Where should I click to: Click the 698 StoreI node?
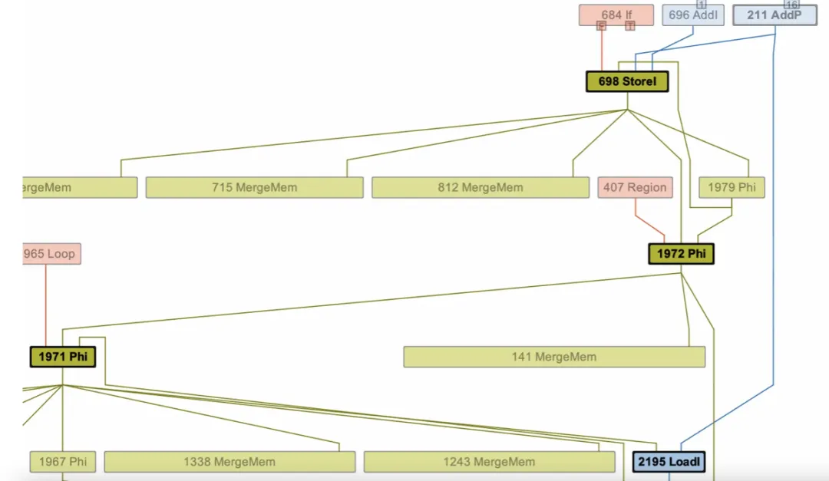(627, 81)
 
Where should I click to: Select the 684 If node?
(616, 15)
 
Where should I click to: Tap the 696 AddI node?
(692, 15)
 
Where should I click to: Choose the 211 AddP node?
(775, 15)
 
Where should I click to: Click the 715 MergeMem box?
(254, 187)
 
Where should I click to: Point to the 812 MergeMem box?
(481, 187)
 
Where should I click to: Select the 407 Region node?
(635, 187)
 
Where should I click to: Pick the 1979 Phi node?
(732, 187)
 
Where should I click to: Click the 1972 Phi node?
(681, 254)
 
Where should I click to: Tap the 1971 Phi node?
(63, 357)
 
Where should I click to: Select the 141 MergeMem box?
(553, 357)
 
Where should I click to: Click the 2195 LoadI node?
(669, 462)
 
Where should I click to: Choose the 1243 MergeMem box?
(489, 462)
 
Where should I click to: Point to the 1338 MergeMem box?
(230, 462)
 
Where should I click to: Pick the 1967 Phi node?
(63, 462)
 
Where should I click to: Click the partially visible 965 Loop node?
(51, 254)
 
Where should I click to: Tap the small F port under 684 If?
(601, 26)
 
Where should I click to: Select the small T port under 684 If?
(630, 26)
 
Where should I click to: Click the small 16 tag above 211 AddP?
(791, 4)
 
